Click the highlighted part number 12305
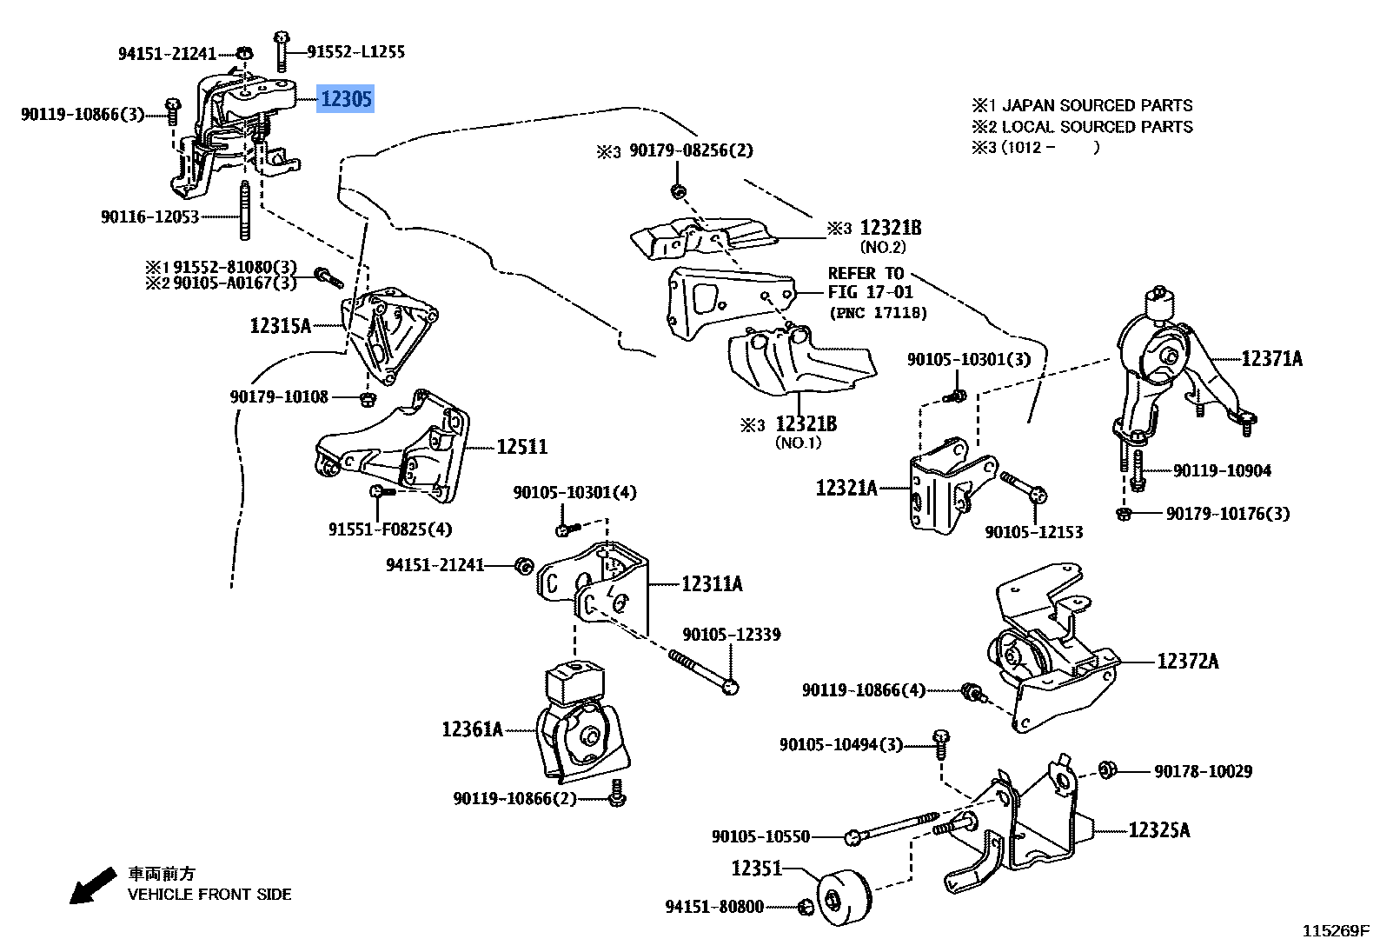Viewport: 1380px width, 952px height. (346, 99)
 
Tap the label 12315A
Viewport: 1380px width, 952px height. (280, 326)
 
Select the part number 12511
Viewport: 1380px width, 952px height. (521, 447)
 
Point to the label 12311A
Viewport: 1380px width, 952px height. (711, 584)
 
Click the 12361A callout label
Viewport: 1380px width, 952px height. (472, 729)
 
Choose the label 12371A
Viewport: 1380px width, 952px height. (1271, 358)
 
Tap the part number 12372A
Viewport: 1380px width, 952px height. (1187, 662)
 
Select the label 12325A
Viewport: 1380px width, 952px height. (1159, 830)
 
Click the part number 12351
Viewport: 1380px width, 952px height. (756, 868)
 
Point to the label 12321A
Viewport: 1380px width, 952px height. (846, 488)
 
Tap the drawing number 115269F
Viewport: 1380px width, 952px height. (1335, 931)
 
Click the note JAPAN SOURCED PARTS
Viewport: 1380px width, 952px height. (1097, 105)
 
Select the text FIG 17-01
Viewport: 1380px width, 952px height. (870, 292)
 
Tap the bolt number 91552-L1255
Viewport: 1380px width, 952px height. (355, 51)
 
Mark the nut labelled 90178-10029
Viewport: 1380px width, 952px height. (1107, 769)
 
